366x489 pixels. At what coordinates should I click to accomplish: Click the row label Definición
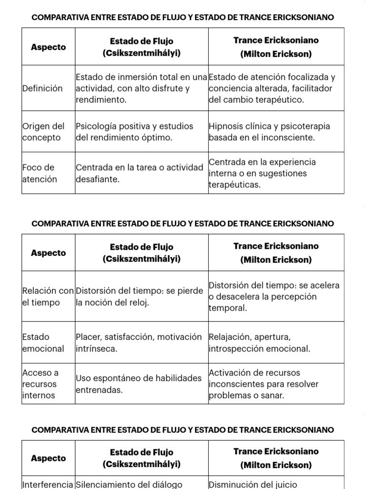coord(42,88)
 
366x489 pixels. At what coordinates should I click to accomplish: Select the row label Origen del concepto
coord(43,132)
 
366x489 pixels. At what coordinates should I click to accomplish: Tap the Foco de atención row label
coord(40,173)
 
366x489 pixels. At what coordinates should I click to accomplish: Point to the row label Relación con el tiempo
coord(48,297)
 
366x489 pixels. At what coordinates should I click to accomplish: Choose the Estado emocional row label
coord(43,343)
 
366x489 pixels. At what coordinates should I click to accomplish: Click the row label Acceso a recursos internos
coord(40,384)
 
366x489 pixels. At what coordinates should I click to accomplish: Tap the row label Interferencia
coord(48,484)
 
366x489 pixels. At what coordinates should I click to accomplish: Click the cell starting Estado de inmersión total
coord(141,88)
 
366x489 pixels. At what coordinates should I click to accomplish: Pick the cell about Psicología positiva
coord(134,132)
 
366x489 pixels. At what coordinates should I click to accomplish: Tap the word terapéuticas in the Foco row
coord(234,185)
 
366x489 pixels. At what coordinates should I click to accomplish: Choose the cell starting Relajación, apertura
coord(259,343)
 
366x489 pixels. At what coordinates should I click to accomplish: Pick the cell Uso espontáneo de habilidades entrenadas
coord(139,384)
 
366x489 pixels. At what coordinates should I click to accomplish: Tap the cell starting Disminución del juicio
coord(253,484)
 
